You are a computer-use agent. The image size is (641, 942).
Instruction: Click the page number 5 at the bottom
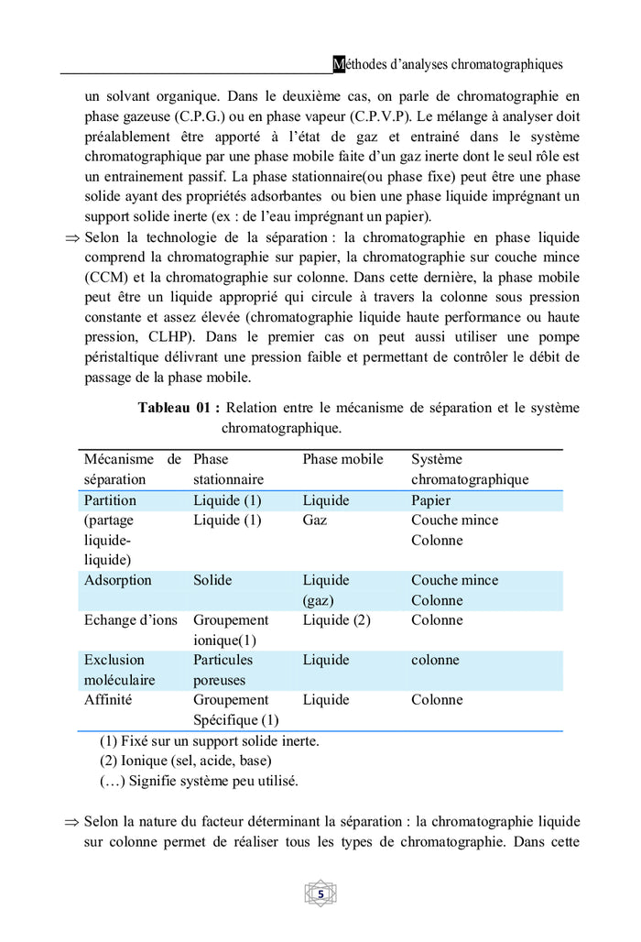pos(320,893)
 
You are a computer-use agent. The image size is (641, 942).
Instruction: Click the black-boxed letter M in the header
pos(339,64)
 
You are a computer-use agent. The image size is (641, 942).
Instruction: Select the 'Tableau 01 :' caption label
pos(179,408)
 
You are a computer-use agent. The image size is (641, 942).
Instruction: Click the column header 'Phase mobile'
pos(342,459)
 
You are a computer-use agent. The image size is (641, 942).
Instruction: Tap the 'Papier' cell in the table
pos(432,500)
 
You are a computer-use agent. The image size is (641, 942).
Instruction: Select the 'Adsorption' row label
pos(117,580)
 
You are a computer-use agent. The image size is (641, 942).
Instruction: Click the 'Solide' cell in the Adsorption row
pos(212,580)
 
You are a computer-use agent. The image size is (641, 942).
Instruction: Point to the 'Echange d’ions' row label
pos(130,620)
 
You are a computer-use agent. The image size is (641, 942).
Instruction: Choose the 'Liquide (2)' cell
pos(336,620)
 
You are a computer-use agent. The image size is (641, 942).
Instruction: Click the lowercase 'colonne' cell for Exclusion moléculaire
pos(435,660)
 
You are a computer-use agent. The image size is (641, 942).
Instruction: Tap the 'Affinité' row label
pos(108,700)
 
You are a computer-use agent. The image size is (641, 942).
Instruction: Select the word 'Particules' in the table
pos(223,660)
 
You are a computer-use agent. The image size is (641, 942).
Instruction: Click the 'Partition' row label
pos(110,500)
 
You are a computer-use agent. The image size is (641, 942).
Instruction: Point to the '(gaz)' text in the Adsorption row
pos(318,600)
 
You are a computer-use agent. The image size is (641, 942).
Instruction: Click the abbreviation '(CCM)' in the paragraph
pos(108,277)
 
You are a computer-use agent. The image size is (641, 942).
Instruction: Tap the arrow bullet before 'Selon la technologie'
pos(72,238)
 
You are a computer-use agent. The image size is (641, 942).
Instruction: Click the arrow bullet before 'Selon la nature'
pos(72,822)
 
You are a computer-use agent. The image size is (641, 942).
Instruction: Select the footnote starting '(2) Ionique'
pos(185,761)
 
